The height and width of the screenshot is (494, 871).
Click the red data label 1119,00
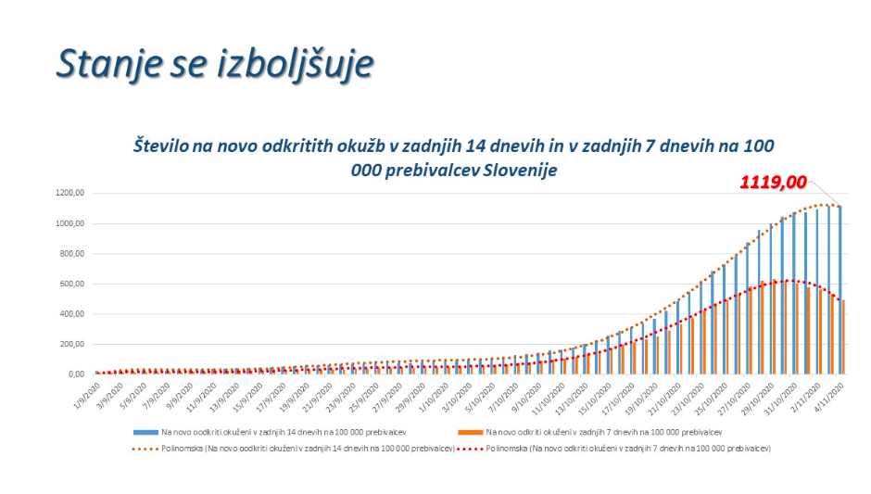[772, 183]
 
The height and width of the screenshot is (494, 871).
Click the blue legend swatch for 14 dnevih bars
[145, 432]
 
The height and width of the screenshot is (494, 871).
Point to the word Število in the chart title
[164, 146]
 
